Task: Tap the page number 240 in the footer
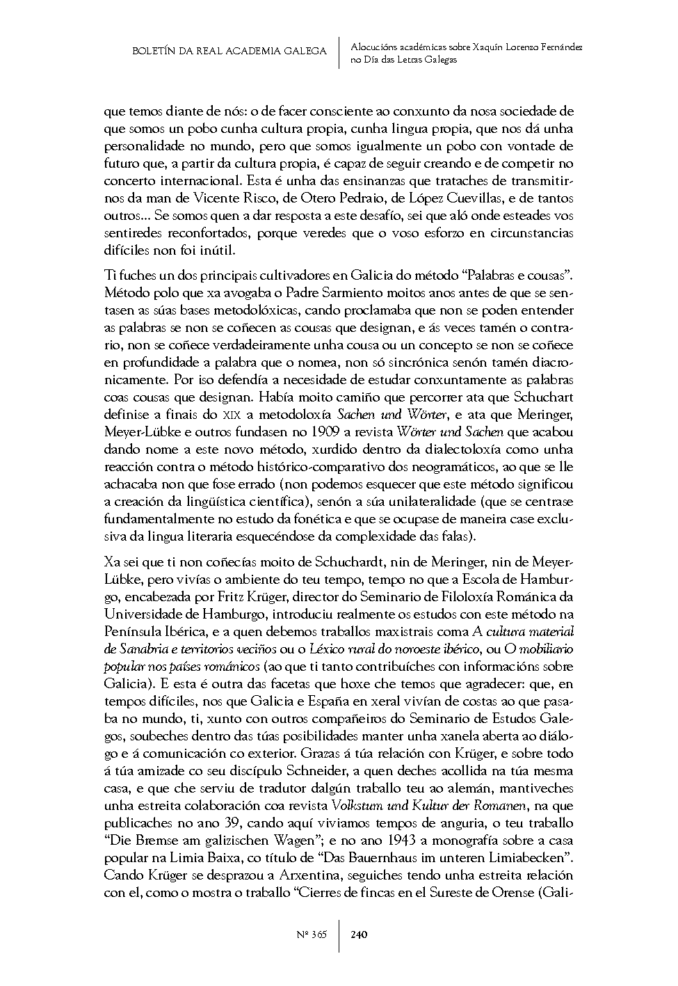pyautogui.click(x=360, y=934)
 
